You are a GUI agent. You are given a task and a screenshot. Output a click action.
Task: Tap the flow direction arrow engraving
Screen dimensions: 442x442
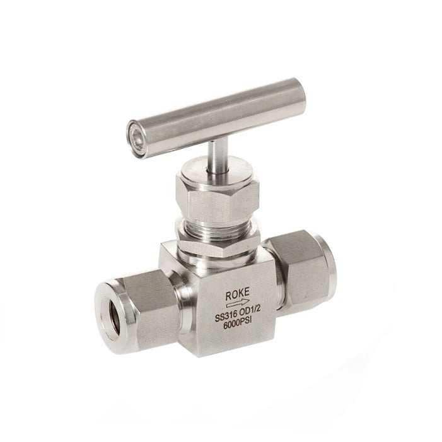coord(238,304)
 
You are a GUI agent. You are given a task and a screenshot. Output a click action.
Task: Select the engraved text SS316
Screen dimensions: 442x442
coord(226,317)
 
